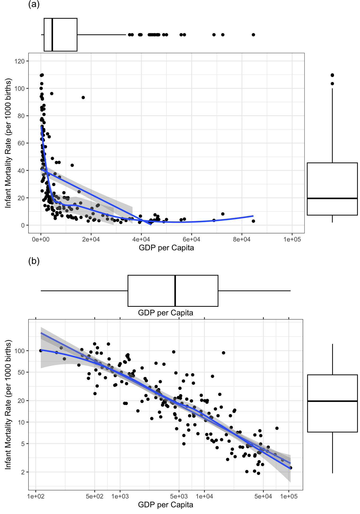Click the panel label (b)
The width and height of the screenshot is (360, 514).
pyautogui.click(x=34, y=261)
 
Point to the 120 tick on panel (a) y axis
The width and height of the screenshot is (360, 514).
pyautogui.click(x=20, y=61)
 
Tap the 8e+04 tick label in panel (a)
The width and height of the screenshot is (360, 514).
pyautogui.click(x=242, y=239)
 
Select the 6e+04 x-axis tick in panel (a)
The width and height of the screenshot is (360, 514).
pyautogui.click(x=192, y=239)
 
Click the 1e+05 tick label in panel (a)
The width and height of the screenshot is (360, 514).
pyautogui.click(x=292, y=239)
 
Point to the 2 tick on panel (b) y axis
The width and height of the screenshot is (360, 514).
pyautogui.click(x=23, y=472)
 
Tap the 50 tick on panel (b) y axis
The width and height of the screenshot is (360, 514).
pyautogui.click(x=21, y=372)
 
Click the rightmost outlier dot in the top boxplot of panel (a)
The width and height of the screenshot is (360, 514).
pyautogui.click(x=253, y=35)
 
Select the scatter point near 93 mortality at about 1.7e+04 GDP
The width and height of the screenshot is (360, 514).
pyautogui.click(x=83, y=97)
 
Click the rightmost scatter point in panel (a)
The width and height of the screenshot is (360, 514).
pyautogui.click(x=253, y=221)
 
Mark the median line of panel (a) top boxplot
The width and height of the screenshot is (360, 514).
pyautogui.click(x=52, y=35)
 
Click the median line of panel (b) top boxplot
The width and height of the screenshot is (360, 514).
pyautogui.click(x=175, y=291)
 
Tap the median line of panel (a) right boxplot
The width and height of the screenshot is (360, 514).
pyautogui.click(x=332, y=198)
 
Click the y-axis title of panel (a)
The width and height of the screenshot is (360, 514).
pyautogui.click(x=8, y=143)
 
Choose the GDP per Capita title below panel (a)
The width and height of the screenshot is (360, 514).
pyautogui.click(x=166, y=248)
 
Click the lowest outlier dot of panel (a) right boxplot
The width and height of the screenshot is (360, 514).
pyautogui.click(x=332, y=84)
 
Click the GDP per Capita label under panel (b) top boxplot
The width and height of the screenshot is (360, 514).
pyautogui.click(x=166, y=313)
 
